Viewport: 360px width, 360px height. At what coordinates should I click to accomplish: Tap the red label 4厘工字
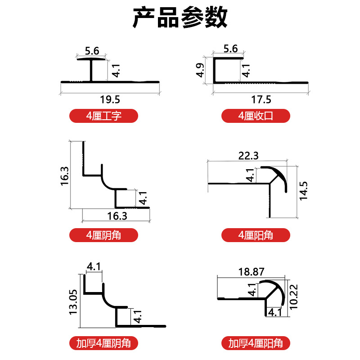(x=104, y=116)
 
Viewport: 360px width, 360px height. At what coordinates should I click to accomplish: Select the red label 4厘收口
(x=256, y=116)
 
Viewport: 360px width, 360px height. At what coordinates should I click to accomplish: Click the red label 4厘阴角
(x=104, y=234)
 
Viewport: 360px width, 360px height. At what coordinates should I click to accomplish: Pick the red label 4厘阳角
(x=256, y=234)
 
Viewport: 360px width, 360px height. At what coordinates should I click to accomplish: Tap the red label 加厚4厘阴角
(x=104, y=343)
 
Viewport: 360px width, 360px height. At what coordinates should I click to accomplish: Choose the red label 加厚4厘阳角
(x=256, y=343)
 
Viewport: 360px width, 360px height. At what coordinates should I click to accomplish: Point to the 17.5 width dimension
(x=261, y=99)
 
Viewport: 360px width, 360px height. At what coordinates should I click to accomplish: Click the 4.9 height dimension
(x=201, y=70)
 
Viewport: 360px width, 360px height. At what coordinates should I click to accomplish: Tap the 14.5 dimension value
(x=303, y=191)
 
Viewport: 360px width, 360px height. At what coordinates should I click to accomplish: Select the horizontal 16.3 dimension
(x=117, y=216)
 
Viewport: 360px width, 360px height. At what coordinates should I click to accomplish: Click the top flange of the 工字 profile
(x=91, y=58)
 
